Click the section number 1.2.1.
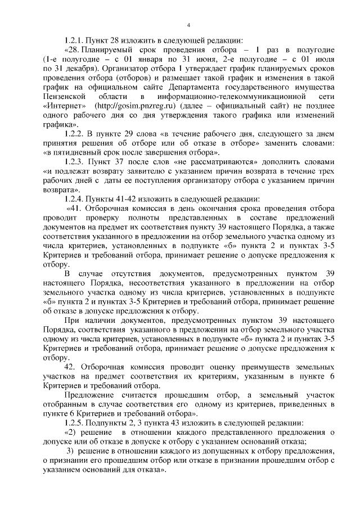75,40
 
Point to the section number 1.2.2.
75,134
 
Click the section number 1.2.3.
75,161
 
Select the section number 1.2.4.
75,199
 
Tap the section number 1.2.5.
75,422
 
